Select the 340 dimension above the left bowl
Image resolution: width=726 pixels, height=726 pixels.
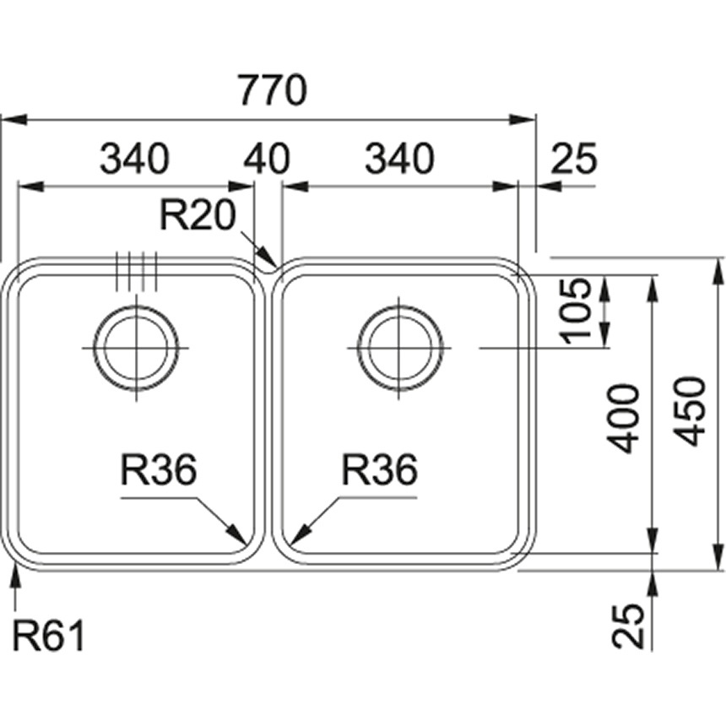click(134, 158)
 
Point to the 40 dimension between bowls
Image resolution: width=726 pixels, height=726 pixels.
click(267, 158)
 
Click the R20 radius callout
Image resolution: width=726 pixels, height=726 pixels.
click(197, 216)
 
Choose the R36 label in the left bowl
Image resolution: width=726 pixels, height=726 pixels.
click(158, 470)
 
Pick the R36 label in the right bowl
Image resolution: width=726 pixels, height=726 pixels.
click(379, 470)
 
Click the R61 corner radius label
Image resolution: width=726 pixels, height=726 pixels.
click(49, 636)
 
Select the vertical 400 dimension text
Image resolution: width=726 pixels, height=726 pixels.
click(625, 417)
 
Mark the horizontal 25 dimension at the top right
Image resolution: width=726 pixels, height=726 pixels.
click(574, 158)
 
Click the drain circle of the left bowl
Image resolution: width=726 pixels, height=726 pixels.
click(135, 349)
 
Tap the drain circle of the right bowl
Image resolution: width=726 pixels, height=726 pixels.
click(399, 349)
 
